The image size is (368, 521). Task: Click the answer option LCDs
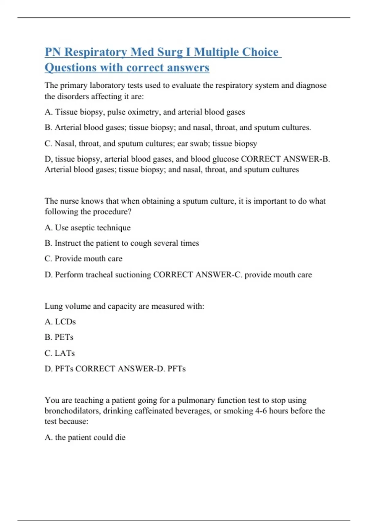coord(65,322)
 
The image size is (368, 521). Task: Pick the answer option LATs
coord(64,353)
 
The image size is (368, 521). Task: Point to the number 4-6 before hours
coord(261,411)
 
